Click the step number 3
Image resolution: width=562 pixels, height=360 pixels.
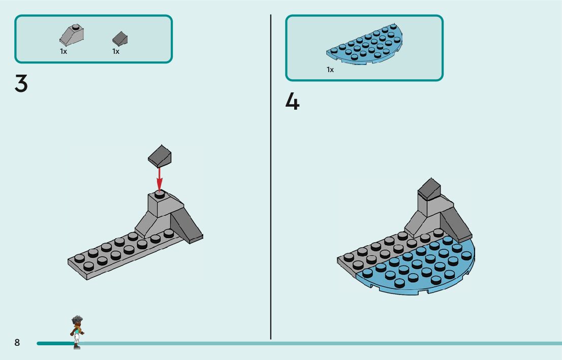coord(21,83)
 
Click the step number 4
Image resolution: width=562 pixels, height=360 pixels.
coord(292,102)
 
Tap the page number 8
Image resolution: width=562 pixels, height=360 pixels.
coord(17,343)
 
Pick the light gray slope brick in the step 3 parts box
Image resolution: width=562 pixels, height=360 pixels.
coord(72,36)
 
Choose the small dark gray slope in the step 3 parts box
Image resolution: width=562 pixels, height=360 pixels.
coord(120,38)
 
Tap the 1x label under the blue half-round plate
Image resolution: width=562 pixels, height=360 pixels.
coord(330,70)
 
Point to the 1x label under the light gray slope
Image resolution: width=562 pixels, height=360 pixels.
coord(64,51)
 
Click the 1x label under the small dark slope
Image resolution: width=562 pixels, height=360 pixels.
coord(116,51)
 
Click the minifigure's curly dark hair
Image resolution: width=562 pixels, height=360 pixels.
coord(77,320)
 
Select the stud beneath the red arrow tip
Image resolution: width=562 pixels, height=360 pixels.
coord(159,193)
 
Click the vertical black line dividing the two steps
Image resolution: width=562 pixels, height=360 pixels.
coord(271,178)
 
